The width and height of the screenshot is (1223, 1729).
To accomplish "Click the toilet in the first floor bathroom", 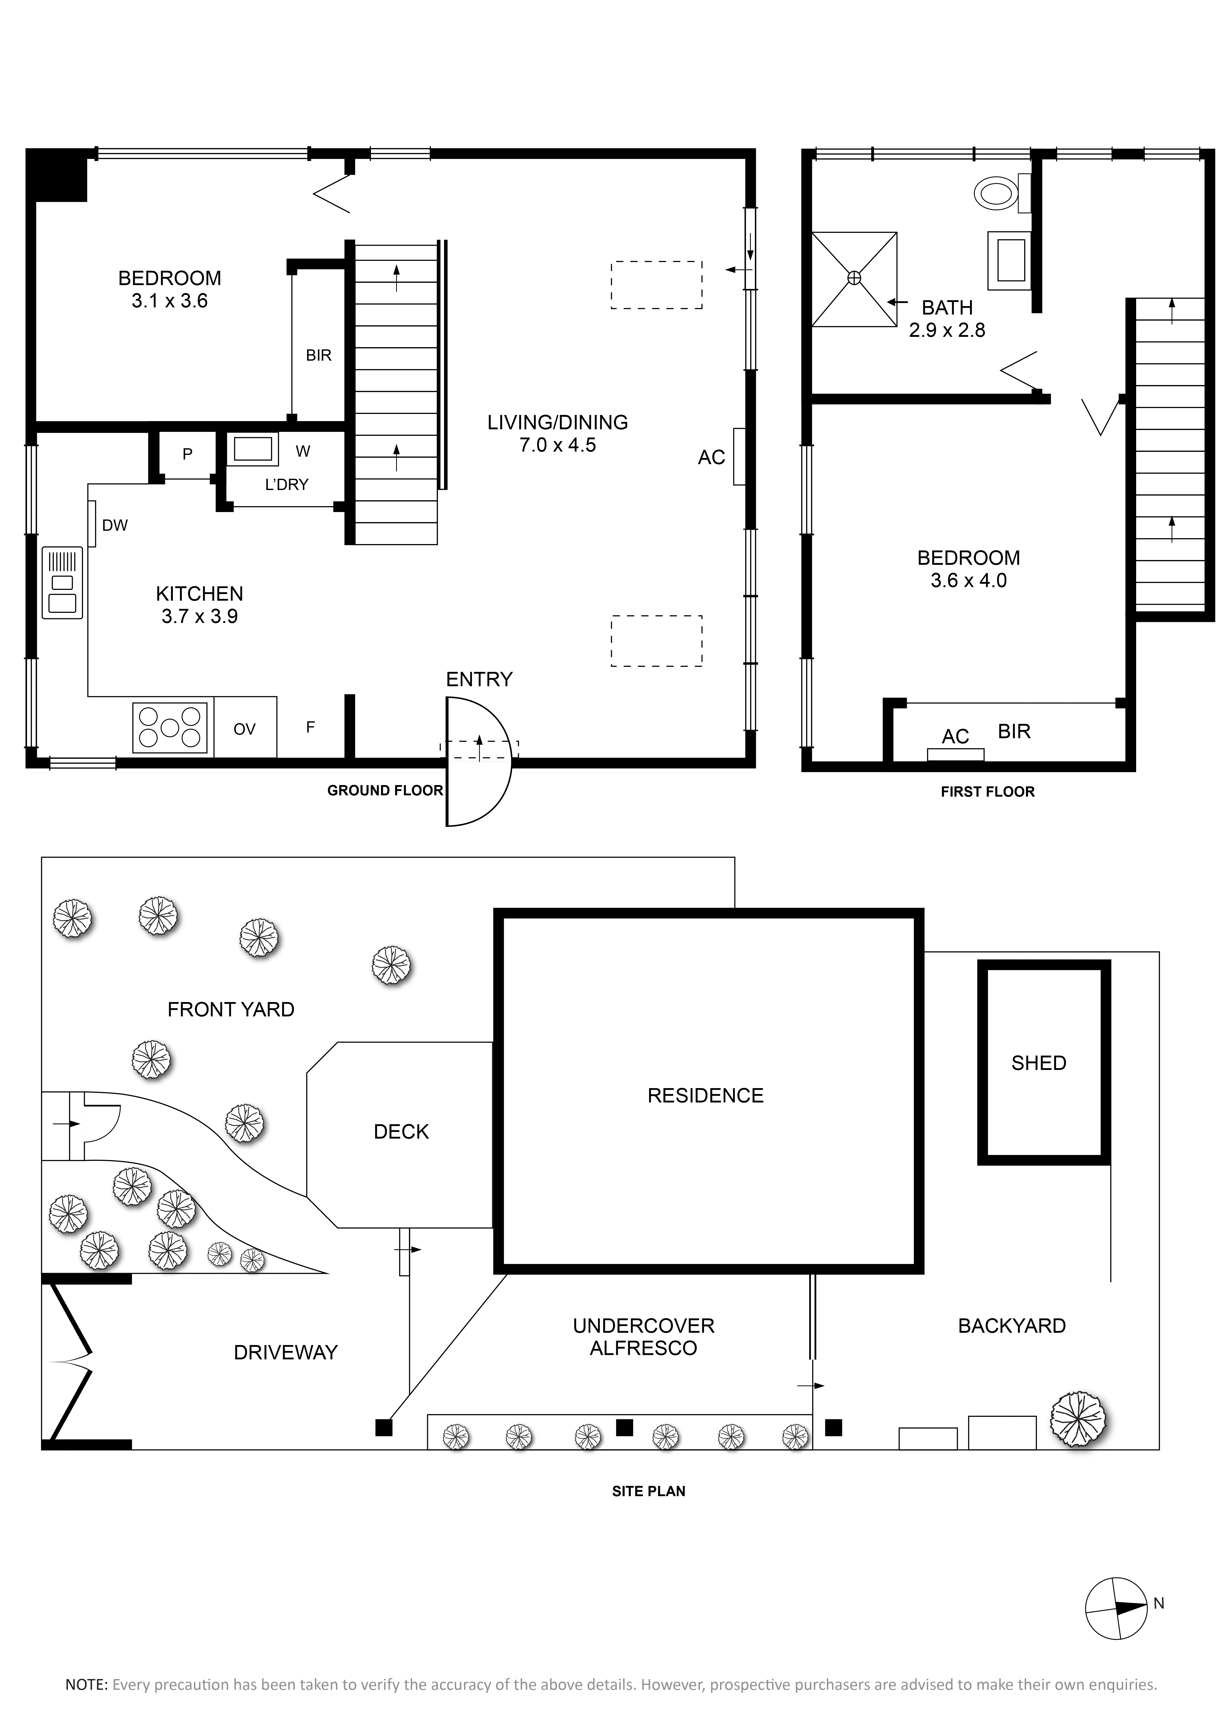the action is (x=1002, y=194).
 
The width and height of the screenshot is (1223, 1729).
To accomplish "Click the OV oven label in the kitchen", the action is (x=245, y=729).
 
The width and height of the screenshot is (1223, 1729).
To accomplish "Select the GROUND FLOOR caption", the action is (x=385, y=790).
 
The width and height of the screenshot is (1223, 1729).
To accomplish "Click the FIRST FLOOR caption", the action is (x=987, y=791).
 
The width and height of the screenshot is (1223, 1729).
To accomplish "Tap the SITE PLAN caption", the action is (x=649, y=1491).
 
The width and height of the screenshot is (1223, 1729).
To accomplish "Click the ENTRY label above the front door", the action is (x=479, y=679).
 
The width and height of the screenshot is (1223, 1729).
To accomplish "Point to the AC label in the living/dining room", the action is (x=711, y=457).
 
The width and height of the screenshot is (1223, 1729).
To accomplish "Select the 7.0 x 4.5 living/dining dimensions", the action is (x=557, y=445).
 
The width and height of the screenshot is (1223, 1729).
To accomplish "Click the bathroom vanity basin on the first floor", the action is (x=1009, y=260).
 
